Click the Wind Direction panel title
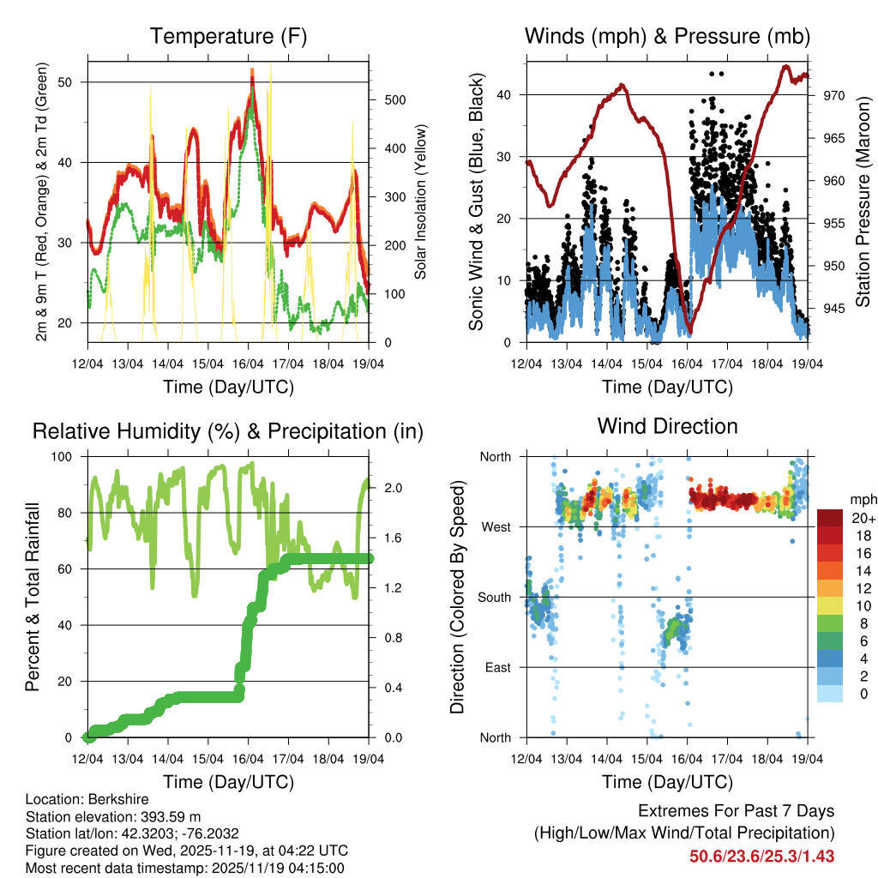[x=667, y=426]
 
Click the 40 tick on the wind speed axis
[x=506, y=95]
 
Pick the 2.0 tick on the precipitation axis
[x=384, y=488]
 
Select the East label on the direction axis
[x=496, y=667]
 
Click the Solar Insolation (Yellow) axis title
[x=420, y=202]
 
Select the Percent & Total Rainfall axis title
[x=33, y=597]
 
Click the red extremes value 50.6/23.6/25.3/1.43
[x=761, y=856]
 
